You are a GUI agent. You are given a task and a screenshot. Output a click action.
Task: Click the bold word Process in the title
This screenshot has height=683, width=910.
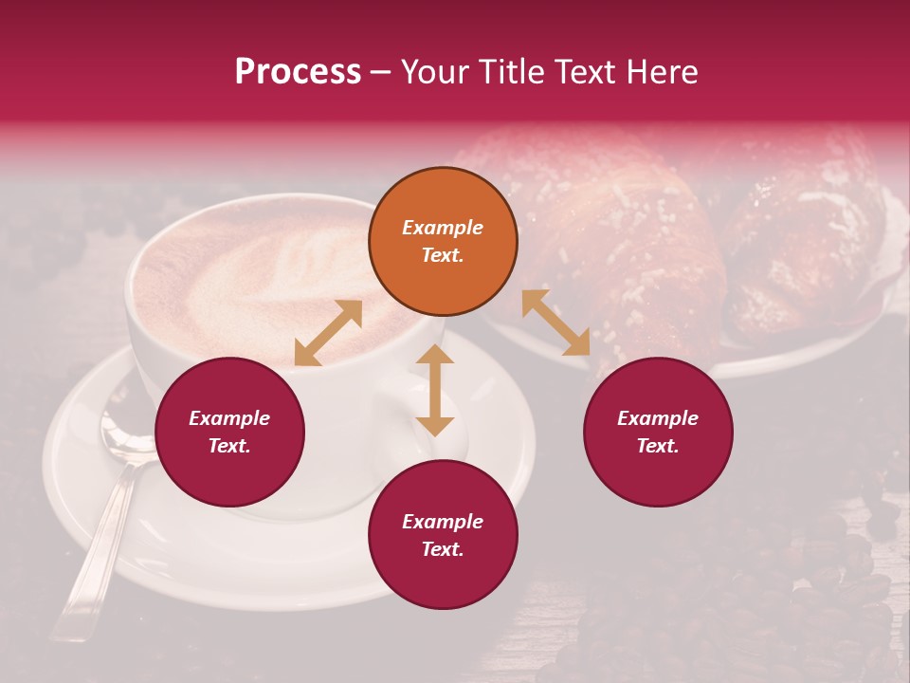pyautogui.click(x=298, y=72)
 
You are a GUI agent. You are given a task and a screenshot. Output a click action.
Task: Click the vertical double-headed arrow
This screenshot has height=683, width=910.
pyautogui.click(x=435, y=390)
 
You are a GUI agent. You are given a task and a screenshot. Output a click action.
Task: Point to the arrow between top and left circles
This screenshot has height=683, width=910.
pyautogui.click(x=328, y=333)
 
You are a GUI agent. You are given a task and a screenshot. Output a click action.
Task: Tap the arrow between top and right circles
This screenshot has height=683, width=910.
pyautogui.click(x=555, y=323)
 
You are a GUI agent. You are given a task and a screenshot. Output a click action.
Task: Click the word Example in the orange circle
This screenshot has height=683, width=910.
pyautogui.click(x=443, y=228)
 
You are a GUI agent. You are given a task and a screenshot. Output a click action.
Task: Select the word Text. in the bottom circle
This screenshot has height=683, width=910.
pyautogui.click(x=443, y=549)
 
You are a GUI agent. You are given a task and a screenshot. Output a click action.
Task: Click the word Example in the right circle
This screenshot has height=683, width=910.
pyautogui.click(x=658, y=418)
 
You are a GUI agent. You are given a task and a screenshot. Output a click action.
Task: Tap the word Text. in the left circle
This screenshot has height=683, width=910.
pyautogui.click(x=229, y=446)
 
